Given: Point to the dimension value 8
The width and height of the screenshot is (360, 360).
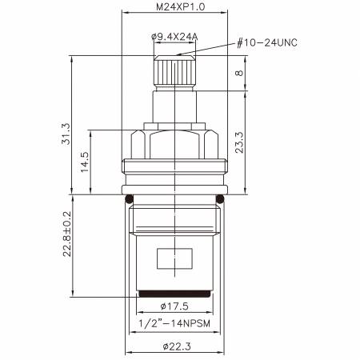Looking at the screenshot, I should [x=239, y=73].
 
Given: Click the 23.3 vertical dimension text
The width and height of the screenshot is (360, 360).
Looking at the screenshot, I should [x=239, y=142].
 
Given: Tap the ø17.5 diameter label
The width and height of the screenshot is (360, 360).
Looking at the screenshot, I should [x=175, y=306].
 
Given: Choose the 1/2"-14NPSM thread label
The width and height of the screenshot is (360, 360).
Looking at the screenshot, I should [x=175, y=323].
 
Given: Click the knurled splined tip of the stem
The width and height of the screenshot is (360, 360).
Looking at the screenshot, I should [x=175, y=73].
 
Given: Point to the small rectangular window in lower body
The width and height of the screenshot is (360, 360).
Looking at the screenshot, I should [x=175, y=260].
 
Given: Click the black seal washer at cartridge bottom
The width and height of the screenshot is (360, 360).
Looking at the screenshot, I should [x=175, y=294].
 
